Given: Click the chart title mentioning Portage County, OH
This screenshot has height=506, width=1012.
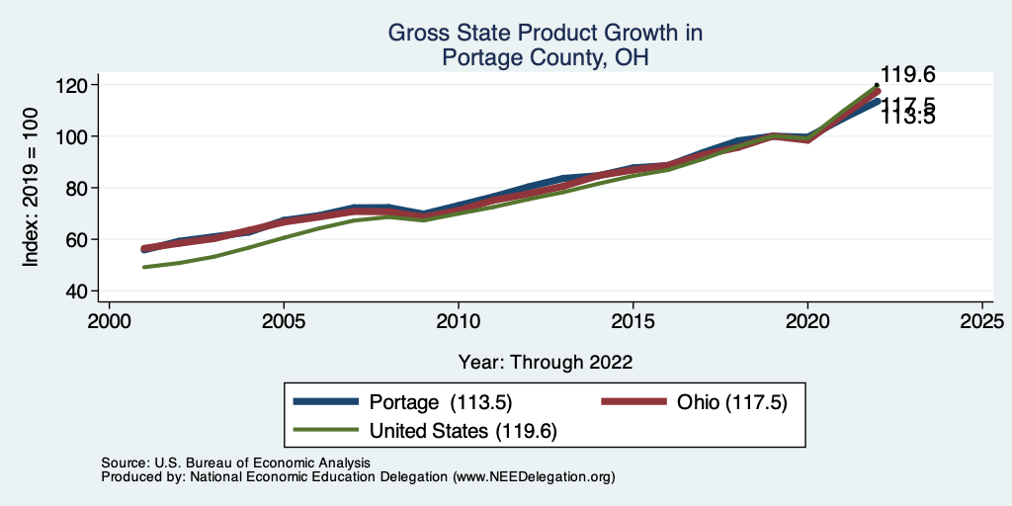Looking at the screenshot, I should (545, 45).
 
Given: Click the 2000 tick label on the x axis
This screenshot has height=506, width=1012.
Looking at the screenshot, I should (109, 321).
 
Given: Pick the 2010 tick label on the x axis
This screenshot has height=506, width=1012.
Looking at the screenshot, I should (458, 321).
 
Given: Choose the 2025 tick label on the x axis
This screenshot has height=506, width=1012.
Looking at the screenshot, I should (982, 321).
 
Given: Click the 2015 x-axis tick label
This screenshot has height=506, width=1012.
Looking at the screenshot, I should (632, 321).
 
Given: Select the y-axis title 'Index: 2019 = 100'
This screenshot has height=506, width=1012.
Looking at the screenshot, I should (32, 187).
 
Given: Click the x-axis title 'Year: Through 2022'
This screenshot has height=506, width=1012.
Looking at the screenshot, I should (546, 362).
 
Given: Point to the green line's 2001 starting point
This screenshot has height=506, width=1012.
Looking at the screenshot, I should (144, 267).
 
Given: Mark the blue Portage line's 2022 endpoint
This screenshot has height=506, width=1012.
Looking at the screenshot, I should (877, 101).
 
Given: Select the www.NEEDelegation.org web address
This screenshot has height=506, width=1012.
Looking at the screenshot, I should (533, 476).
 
